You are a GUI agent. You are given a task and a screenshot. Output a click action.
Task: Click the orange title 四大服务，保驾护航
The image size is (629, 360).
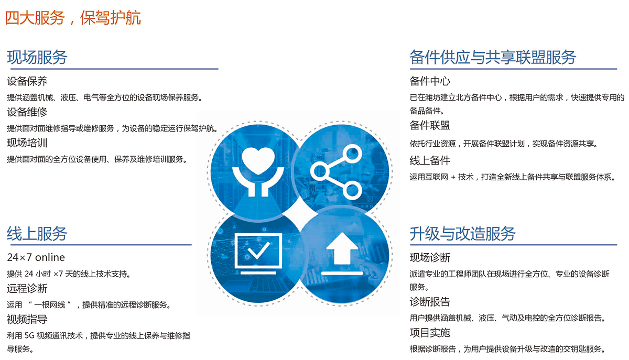pyautogui.click(x=73, y=18)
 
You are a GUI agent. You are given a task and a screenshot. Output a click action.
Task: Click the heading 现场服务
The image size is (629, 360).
pyautogui.click(x=37, y=57)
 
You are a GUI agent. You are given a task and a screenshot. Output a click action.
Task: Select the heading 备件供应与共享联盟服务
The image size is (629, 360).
pyautogui.click(x=493, y=57)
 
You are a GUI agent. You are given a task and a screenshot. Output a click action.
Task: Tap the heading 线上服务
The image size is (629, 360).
pyautogui.click(x=37, y=234)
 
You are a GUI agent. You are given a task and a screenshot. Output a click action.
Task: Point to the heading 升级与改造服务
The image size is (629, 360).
pyautogui.click(x=462, y=234)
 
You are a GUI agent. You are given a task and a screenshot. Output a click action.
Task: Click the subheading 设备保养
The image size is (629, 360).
pyautogui.click(x=27, y=81)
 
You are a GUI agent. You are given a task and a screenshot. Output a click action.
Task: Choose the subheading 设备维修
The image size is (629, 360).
pyautogui.click(x=27, y=112)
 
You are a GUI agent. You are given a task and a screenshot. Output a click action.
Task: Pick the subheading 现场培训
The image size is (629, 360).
pyautogui.click(x=27, y=143)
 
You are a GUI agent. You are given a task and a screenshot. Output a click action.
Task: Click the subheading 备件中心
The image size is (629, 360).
pyautogui.click(x=430, y=81)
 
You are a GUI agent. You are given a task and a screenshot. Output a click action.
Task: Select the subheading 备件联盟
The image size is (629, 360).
pyautogui.click(x=430, y=125)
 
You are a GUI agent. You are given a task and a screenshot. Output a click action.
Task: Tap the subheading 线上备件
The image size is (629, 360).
pyautogui.click(x=430, y=161)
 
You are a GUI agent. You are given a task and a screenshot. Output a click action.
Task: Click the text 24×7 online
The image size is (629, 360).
pyautogui.click(x=36, y=257)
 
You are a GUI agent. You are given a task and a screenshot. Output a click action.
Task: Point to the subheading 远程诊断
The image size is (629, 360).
pyautogui.click(x=27, y=288)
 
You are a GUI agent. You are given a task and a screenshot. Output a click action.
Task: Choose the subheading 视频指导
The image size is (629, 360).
pyautogui.click(x=27, y=319)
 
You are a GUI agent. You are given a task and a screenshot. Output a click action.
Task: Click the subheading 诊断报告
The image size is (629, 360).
pyautogui.click(x=430, y=302)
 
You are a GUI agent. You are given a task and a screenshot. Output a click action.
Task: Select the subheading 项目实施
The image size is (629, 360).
pyautogui.click(x=430, y=333)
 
